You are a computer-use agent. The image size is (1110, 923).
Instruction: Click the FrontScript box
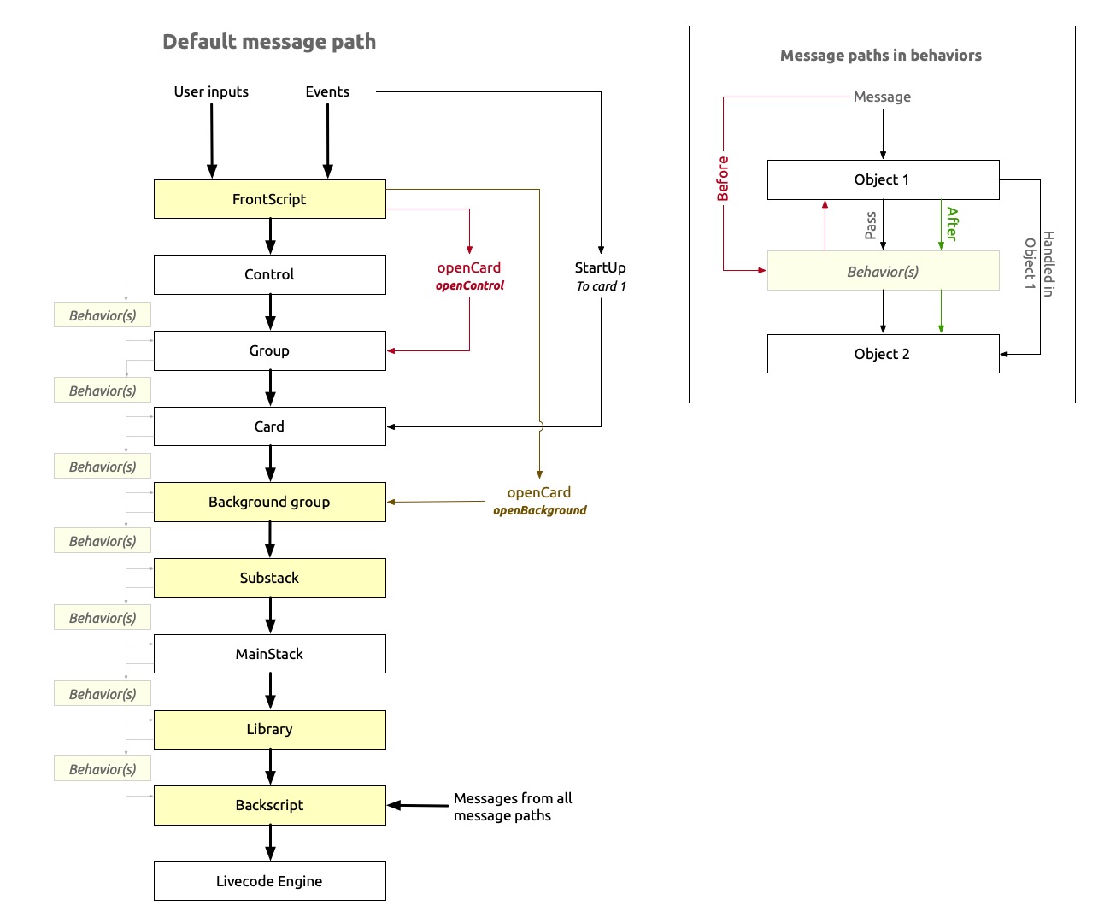[x=269, y=199]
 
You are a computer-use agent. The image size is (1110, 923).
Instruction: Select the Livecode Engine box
[x=269, y=881]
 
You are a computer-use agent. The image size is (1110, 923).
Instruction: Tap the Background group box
[x=269, y=502]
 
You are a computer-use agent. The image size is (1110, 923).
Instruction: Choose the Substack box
[x=269, y=578]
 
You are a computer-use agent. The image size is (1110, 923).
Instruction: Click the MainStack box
[x=269, y=654]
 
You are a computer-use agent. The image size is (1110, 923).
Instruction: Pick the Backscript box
[x=269, y=805]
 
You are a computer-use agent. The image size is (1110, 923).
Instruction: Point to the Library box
[x=269, y=729]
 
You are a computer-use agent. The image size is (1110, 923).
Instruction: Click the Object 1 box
[x=883, y=179]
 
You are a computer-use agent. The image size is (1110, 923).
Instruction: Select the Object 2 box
[x=883, y=354]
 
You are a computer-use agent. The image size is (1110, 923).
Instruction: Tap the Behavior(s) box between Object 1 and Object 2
[x=883, y=272]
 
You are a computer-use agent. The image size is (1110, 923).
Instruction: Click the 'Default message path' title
[x=269, y=42]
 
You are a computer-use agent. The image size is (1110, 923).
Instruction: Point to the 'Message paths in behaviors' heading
[x=881, y=56]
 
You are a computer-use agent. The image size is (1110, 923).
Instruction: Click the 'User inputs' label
[x=211, y=91]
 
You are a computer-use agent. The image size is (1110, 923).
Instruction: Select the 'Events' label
[x=327, y=91]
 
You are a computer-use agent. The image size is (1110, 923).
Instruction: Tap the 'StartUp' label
[x=600, y=267]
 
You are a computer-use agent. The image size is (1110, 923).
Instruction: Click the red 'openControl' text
[x=470, y=285]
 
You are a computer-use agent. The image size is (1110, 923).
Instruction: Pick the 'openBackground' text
[x=540, y=510]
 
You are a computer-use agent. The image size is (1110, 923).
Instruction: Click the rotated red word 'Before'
[x=723, y=179]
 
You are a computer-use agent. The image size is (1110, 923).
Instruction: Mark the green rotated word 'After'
[x=952, y=224]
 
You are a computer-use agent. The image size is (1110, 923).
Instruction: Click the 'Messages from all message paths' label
[x=513, y=807]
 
